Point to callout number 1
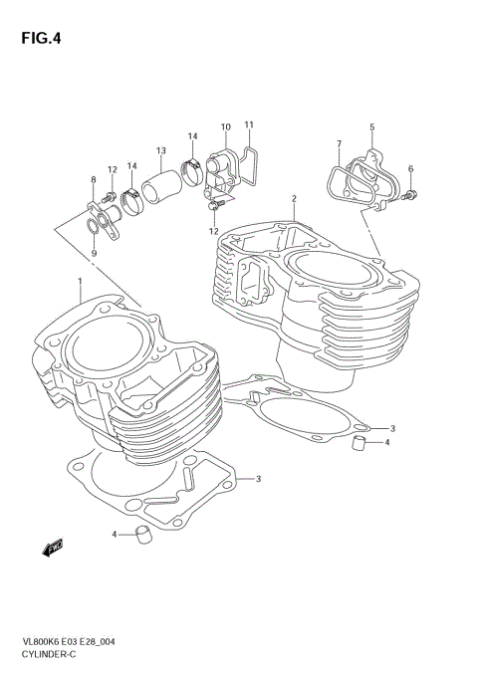point(79,282)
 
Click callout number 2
point(294,199)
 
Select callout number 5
point(371,127)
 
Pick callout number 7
point(338,144)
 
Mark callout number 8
point(94,180)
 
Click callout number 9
point(94,254)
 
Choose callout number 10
point(225,127)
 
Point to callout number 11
point(249,124)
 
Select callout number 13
point(159,150)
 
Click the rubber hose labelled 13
point(160,190)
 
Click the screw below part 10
point(213,208)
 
